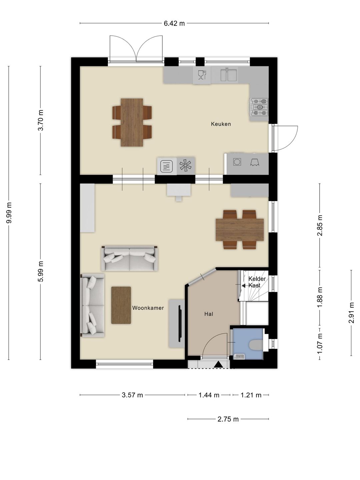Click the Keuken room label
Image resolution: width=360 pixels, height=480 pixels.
coord(221,124)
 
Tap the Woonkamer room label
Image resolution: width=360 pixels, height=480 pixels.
coord(148,308)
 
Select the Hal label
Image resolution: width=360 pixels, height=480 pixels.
coord(209,314)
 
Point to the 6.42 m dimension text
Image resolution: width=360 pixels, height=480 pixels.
coord(174,23)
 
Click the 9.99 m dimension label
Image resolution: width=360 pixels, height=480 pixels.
coord(9,213)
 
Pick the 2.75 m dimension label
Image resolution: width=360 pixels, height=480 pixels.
coord(228,419)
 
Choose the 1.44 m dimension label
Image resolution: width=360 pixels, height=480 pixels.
coord(209,395)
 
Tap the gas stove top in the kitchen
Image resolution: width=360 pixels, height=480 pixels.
coord(259,107)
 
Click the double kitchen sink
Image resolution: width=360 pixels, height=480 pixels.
coord(229,75)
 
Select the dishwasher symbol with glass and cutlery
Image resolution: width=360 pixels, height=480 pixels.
coord(202,75)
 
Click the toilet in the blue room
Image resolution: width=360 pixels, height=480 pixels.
coord(256,345)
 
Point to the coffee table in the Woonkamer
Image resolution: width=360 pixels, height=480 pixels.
coord(121,305)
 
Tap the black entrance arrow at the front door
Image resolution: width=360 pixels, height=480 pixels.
coord(218,364)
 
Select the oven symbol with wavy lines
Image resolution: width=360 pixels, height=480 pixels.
coord(167,166)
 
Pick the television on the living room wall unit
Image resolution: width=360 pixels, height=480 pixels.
coord(180,323)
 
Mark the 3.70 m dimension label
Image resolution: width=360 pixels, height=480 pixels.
coord(41,120)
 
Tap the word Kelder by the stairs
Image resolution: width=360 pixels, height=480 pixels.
coord(257,279)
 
